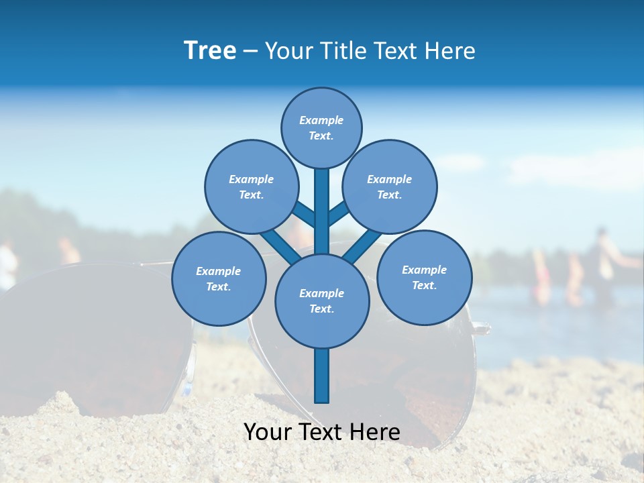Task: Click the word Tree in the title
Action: [210, 51]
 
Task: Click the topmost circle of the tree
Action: [321, 127]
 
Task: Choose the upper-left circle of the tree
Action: [251, 186]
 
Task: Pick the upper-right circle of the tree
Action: [389, 186]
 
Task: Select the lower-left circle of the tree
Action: [218, 278]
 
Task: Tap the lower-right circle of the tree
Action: [424, 277]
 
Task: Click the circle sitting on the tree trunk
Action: [322, 301]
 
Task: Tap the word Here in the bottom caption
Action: [378, 432]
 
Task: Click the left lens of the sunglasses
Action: [94, 335]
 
